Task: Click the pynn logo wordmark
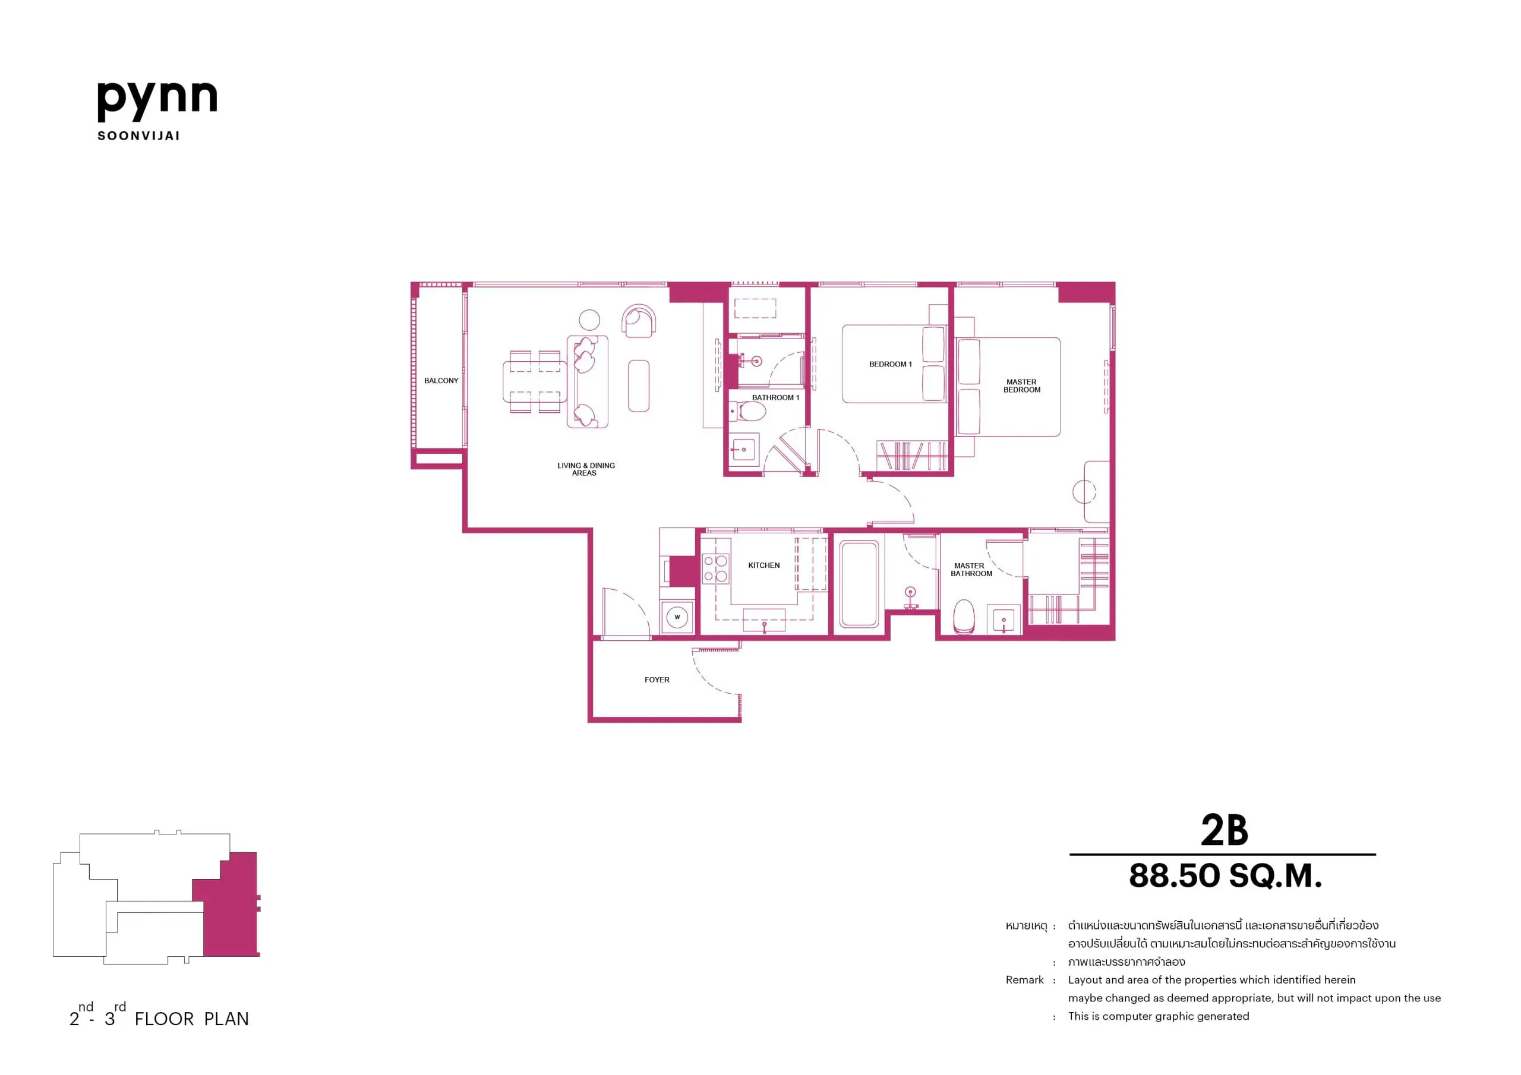(157, 102)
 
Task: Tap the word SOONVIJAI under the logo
(138, 136)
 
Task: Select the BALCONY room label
(441, 381)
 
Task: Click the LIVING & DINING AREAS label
(586, 469)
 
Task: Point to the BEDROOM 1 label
(891, 364)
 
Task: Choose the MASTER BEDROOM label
(1021, 386)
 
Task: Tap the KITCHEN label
(764, 565)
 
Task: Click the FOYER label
(657, 679)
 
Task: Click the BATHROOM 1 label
(775, 397)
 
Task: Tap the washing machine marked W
(677, 617)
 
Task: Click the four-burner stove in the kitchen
(715, 569)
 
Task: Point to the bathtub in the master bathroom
(859, 584)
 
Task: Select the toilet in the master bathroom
(964, 616)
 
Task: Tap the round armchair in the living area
(639, 321)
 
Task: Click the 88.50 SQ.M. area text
(1226, 875)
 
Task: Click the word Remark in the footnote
(1024, 979)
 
